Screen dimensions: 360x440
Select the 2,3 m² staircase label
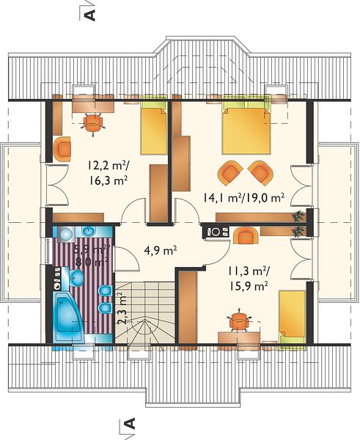[122, 309]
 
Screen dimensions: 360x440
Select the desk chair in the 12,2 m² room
[93, 122]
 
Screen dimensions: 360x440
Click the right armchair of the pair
[261, 172]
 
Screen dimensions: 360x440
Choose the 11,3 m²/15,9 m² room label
[249, 279]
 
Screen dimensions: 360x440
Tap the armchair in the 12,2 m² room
[62, 149]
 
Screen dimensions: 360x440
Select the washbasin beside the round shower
[89, 232]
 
